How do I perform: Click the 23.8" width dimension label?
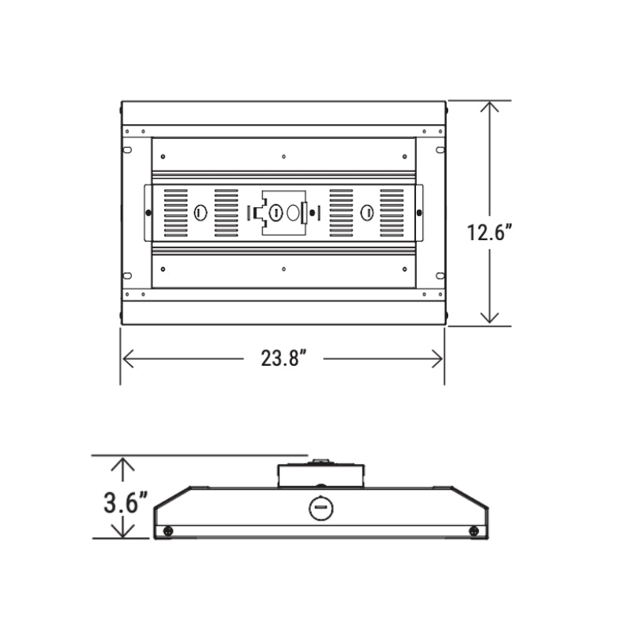[283, 359]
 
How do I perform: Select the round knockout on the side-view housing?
[319, 508]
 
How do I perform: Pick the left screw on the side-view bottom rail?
[168, 531]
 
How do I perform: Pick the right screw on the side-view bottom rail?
[473, 531]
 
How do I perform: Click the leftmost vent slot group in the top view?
[176, 213]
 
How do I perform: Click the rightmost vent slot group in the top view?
[390, 213]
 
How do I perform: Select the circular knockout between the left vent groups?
[200, 213]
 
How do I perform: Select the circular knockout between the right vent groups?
[366, 213]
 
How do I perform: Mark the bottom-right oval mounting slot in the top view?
[440, 276]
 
